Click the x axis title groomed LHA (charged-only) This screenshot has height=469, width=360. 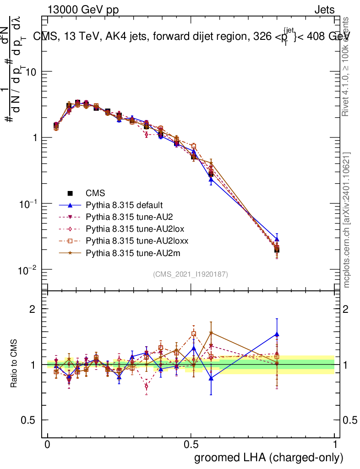coord(269,458)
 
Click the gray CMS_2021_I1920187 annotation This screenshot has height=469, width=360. coord(191,274)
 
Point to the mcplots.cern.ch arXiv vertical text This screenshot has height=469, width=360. coord(347,220)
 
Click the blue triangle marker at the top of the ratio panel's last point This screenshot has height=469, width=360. coord(277,334)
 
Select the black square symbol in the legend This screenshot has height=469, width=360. coord(71,193)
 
